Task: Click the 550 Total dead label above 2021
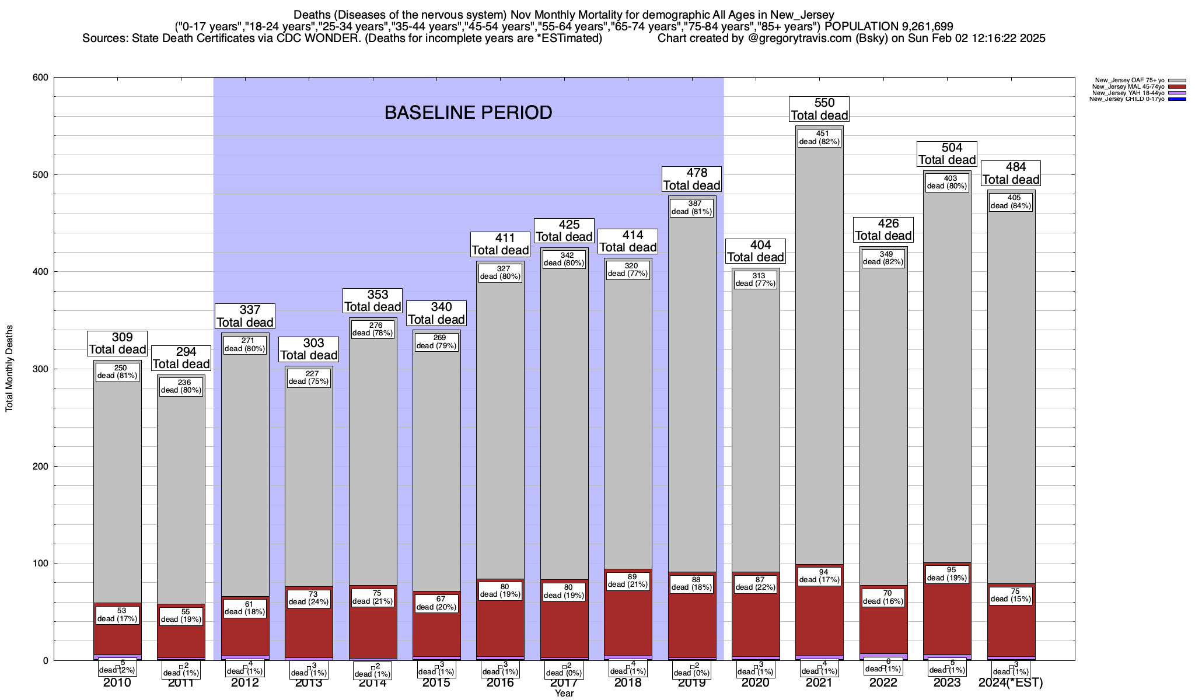(819, 109)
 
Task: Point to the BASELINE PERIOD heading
(468, 113)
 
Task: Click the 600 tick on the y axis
(40, 78)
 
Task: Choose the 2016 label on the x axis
(500, 683)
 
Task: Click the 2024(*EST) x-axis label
(1011, 683)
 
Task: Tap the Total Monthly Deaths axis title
(9, 368)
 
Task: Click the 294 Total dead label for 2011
(181, 358)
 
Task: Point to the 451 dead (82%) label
(819, 138)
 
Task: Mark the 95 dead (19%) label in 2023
(947, 574)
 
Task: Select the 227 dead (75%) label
(309, 377)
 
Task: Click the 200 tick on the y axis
(40, 466)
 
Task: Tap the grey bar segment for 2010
(117, 496)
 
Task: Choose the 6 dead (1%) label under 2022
(883, 665)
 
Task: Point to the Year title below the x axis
(564, 694)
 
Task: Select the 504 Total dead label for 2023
(947, 154)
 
